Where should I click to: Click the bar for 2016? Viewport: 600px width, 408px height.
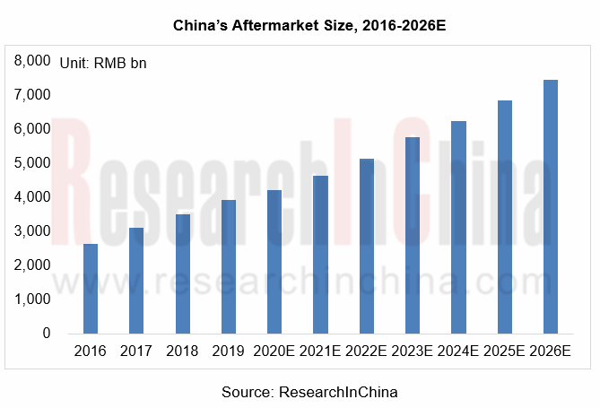[x=91, y=288]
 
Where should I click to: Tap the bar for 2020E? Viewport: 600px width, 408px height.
[x=274, y=261]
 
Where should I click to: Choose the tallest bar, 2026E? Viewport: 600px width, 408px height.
[x=551, y=206]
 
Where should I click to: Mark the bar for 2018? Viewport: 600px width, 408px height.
[x=182, y=273]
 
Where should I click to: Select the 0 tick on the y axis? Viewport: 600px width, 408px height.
[x=45, y=334]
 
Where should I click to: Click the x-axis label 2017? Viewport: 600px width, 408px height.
[x=135, y=352]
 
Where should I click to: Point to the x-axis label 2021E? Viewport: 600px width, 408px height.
[x=320, y=352]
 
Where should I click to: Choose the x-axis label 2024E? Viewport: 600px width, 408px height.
[x=458, y=352]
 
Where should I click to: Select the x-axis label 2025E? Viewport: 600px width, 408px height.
[x=504, y=352]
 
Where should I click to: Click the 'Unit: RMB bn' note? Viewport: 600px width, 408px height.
[x=102, y=63]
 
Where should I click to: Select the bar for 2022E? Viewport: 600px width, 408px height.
[x=366, y=246]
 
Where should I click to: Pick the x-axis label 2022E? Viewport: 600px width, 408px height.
[x=366, y=352]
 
